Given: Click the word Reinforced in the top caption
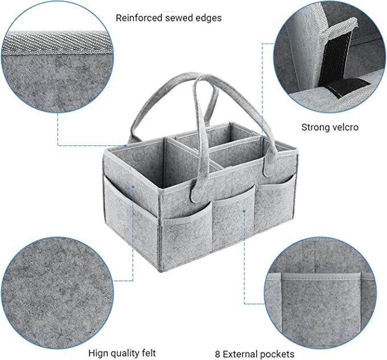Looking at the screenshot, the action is point(139,18).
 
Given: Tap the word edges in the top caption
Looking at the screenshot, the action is point(208,18).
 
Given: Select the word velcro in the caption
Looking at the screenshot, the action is point(344,128).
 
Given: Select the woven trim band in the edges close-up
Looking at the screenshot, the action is point(57,43).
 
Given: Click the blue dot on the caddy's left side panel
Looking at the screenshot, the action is point(133,187).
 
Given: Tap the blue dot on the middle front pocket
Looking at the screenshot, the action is point(244,211).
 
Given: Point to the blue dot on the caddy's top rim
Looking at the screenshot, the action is point(125,146).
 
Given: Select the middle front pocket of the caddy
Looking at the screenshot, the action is point(233,218).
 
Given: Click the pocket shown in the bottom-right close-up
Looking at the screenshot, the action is point(321,308).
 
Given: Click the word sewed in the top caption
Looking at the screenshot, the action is point(178,18).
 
